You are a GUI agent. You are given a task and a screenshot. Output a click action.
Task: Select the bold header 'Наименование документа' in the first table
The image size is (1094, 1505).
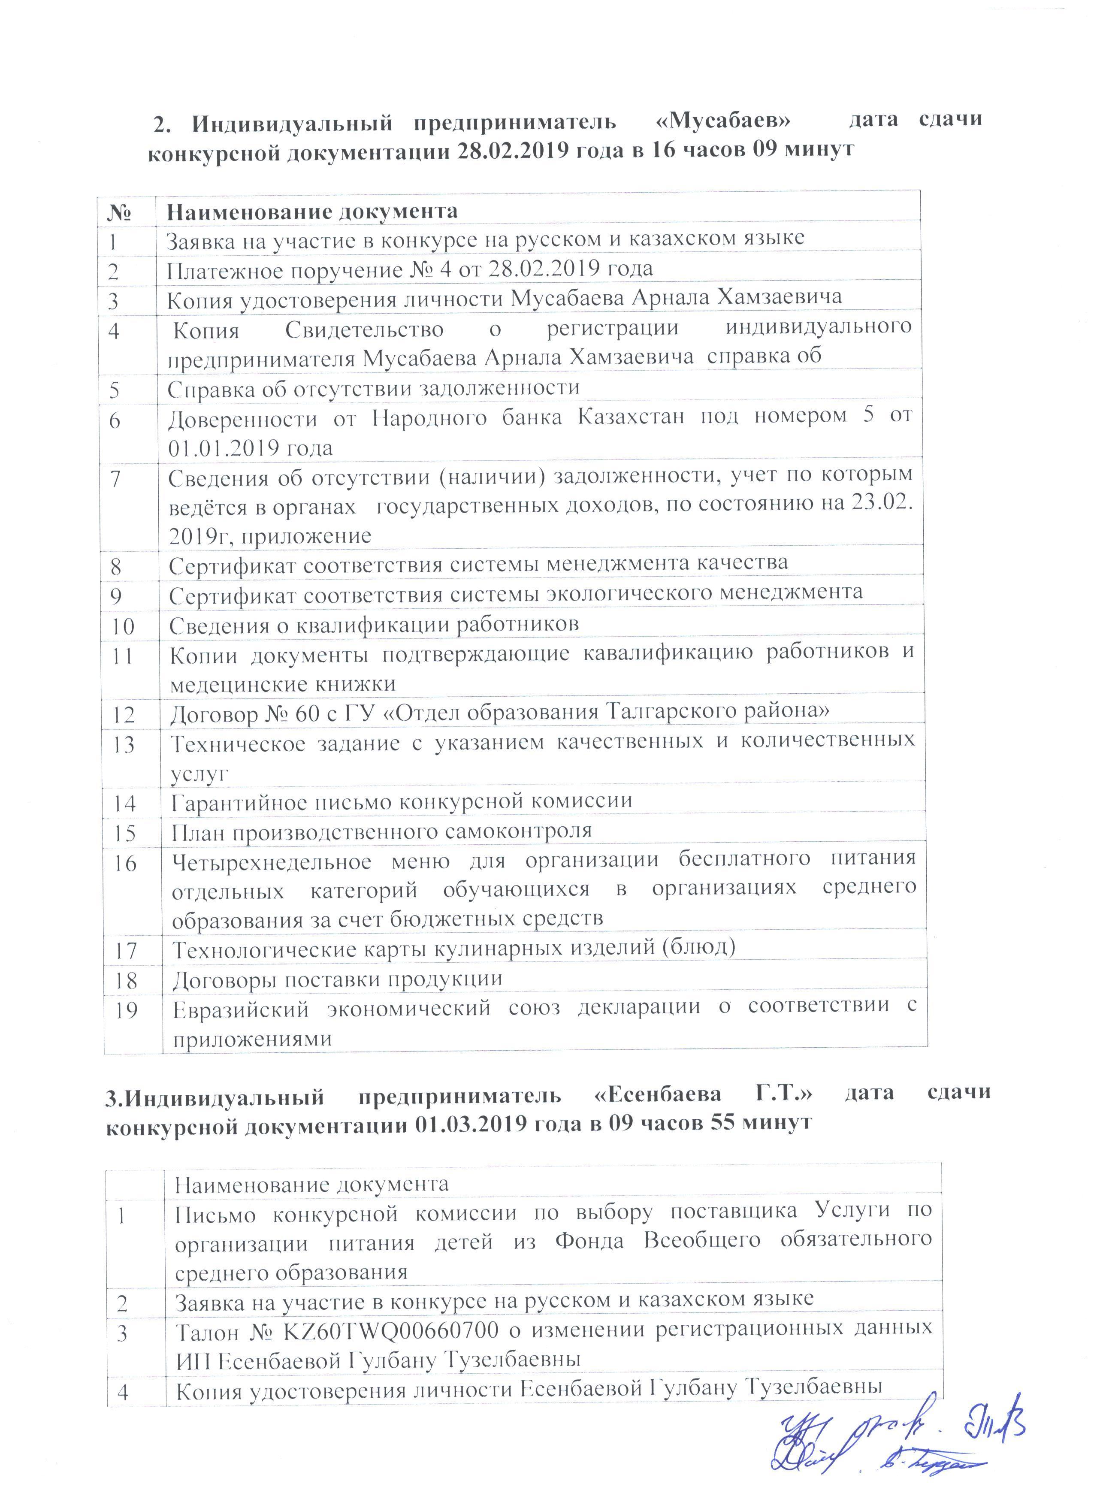pyautogui.click(x=312, y=212)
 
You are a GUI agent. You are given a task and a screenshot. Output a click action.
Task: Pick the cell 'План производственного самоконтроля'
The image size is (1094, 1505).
pyautogui.click(x=381, y=831)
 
